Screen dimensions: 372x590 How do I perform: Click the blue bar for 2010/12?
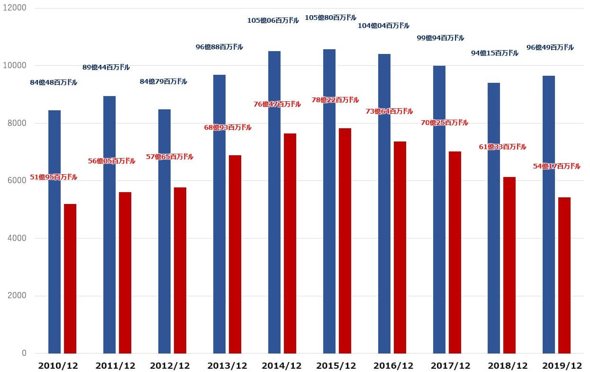(54, 232)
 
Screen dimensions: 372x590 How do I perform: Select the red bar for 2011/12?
(125, 273)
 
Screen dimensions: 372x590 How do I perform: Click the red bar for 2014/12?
(290, 243)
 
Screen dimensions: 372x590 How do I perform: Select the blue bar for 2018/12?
(494, 218)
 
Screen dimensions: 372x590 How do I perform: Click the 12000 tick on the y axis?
(17, 9)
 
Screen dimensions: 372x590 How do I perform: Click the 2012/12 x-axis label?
(170, 366)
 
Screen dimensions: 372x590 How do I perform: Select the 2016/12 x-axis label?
(393, 366)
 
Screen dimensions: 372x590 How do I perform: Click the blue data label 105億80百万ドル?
(330, 18)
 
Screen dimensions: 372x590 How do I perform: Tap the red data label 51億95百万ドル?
(54, 177)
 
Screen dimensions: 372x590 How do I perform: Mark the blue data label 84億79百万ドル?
(163, 81)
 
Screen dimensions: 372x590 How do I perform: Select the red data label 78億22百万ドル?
(336, 100)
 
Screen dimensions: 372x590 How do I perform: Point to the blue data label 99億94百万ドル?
(440, 38)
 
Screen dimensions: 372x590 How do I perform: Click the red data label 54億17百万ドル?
(556, 166)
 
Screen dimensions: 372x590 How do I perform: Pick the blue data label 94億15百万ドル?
(495, 53)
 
